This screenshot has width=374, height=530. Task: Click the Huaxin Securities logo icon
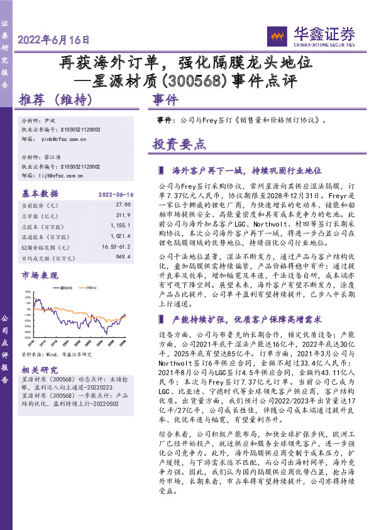pyautogui.click(x=274, y=35)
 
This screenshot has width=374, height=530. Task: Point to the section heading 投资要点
pyautogui.click(x=179, y=144)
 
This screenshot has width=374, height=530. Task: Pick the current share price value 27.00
pyautogui.click(x=123, y=205)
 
